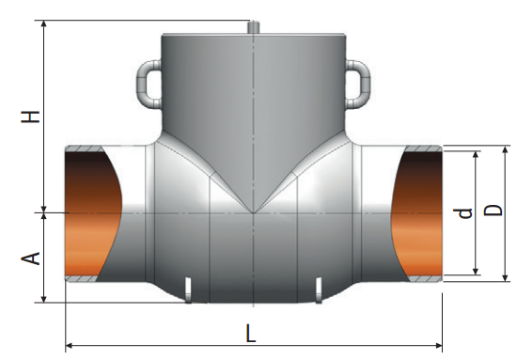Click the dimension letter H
point(30,117)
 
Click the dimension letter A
point(31,258)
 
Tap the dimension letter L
point(251,333)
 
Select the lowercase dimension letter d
point(465,213)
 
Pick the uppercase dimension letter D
point(493,210)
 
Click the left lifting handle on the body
point(149,84)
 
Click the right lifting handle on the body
point(358,84)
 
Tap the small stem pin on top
point(253,27)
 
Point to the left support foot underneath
point(188,290)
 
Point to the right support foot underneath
point(319,290)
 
